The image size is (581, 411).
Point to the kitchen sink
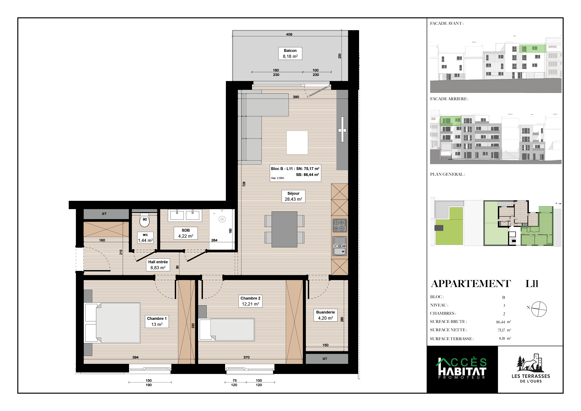click(x=340, y=246)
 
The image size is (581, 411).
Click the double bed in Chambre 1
click(x=112, y=323)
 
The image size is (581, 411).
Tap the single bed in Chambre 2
click(x=226, y=329)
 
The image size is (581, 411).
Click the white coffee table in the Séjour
click(x=297, y=142)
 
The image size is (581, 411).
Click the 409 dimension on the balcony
click(x=289, y=34)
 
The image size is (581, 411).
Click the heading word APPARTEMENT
click(x=471, y=284)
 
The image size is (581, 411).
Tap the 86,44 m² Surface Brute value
click(x=503, y=322)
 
